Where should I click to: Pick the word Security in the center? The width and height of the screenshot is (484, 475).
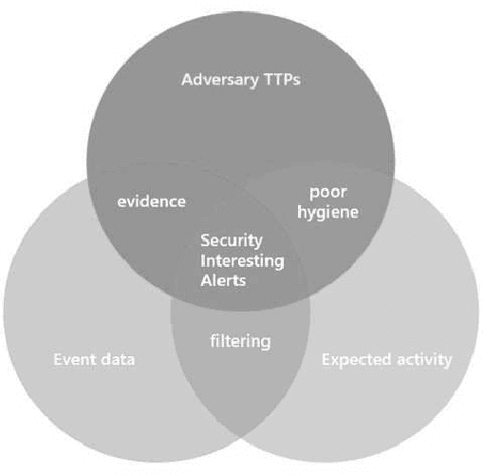pyautogui.click(x=233, y=241)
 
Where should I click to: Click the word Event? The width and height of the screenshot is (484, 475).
pyautogui.click(x=70, y=360)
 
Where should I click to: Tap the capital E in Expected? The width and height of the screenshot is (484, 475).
pyautogui.click(x=326, y=360)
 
